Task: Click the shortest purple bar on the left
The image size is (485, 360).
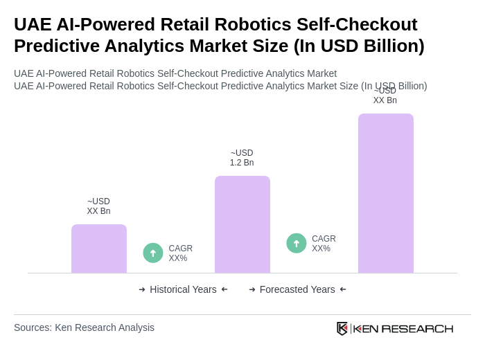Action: (x=99, y=249)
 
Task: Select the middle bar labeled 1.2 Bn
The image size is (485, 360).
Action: (x=242, y=224)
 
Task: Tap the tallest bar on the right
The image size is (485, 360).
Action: (x=386, y=193)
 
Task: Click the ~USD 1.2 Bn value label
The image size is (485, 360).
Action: (x=242, y=158)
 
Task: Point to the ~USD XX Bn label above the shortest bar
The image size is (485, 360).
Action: (x=98, y=206)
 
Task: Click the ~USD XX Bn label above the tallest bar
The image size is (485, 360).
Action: (x=385, y=96)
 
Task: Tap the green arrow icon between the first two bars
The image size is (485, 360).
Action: (x=153, y=253)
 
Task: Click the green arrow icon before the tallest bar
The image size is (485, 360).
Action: (x=297, y=243)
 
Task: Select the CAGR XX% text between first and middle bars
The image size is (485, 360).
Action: (x=180, y=253)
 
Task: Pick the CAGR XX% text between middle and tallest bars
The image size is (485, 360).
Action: (x=324, y=244)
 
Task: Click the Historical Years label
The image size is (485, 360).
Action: (x=183, y=289)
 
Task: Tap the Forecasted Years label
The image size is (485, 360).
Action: (x=297, y=289)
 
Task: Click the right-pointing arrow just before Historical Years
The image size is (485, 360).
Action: (x=142, y=289)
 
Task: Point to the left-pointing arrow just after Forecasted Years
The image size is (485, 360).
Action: (x=343, y=289)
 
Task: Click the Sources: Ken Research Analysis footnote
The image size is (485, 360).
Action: (x=84, y=327)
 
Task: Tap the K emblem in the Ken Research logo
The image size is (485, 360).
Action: (x=342, y=328)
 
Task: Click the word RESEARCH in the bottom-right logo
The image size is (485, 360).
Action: (x=417, y=328)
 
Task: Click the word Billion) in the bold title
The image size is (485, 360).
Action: (x=389, y=46)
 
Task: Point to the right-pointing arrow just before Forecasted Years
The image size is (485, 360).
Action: (x=252, y=289)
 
